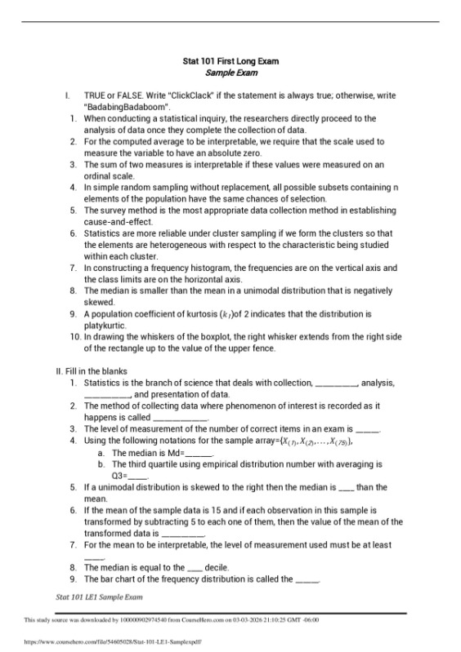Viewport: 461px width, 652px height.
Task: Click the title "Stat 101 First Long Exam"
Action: click(230, 61)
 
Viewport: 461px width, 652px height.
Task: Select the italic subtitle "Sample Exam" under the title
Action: click(230, 73)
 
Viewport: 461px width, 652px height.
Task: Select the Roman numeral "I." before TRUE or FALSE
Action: click(68, 95)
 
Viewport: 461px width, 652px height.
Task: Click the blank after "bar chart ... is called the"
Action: click(307, 579)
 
